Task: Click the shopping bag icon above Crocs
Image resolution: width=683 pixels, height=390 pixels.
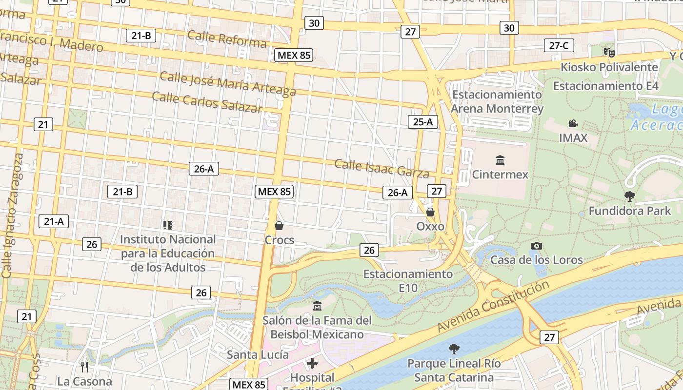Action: [279, 226]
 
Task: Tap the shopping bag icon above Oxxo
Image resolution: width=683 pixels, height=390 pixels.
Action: [430, 212]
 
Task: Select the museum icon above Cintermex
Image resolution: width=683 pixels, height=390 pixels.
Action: [500, 160]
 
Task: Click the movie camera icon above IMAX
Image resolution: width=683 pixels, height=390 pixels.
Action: [573, 124]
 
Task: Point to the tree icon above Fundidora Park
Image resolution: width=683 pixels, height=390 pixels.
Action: [629, 196]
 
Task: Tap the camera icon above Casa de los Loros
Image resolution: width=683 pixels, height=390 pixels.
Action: [536, 246]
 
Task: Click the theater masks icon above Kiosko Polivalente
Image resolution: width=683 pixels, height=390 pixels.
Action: [608, 52]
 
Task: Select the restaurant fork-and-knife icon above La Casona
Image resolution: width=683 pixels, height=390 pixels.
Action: [84, 367]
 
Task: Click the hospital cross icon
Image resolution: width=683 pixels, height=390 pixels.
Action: [312, 363]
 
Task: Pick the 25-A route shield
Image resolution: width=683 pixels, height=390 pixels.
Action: [422, 122]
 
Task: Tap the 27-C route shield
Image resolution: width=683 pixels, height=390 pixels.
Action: [559, 46]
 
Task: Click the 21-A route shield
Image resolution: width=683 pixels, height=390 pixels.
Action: [54, 221]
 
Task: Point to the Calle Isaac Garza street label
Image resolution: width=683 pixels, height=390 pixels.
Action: [382, 168]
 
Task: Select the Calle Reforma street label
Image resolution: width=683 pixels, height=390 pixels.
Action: [227, 39]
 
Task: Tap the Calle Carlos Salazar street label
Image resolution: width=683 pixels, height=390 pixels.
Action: [207, 101]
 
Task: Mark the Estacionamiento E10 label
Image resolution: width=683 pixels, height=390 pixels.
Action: [408, 281]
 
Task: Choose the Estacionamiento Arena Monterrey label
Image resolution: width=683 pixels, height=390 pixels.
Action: [497, 101]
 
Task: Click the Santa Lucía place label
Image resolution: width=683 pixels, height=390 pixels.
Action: [258, 354]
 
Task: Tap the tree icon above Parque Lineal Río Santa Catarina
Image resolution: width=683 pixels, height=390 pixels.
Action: [454, 349]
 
